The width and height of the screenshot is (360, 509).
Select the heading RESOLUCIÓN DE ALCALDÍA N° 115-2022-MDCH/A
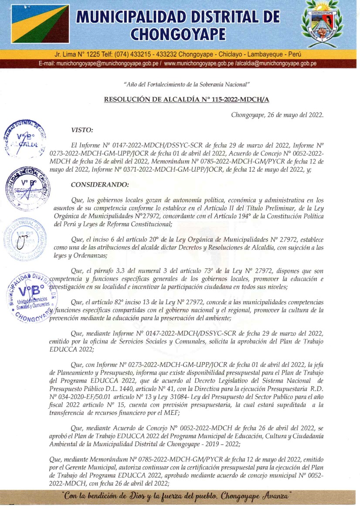click(187, 99)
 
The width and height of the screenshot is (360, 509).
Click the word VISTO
click(82, 129)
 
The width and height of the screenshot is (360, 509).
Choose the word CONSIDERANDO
click(100, 185)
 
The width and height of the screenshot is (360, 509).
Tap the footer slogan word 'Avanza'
click(276, 495)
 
